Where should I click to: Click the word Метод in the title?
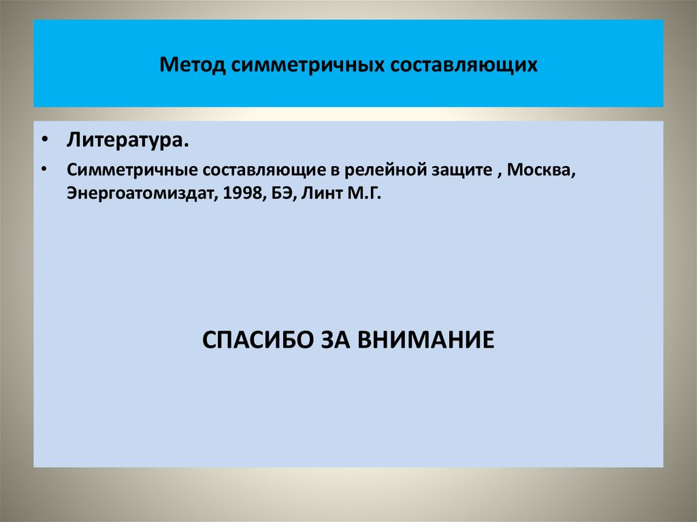point(193,66)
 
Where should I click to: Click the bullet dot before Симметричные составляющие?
point(44,168)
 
